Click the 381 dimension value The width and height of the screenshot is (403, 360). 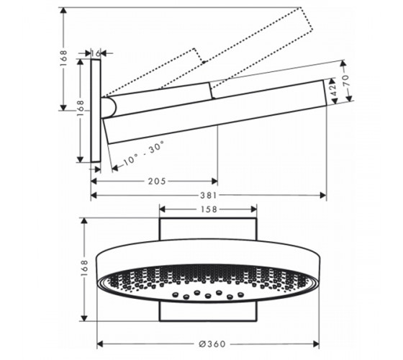[x=209, y=195]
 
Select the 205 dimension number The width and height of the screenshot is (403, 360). [x=157, y=181]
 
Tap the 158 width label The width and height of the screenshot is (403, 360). [x=209, y=210]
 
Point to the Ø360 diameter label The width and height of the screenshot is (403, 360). [x=212, y=344]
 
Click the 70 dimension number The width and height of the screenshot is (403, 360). [x=345, y=80]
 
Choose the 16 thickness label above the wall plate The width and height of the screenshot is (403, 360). [x=95, y=53]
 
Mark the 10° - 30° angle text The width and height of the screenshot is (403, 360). [x=144, y=153]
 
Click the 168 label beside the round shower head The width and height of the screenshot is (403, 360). [x=84, y=268]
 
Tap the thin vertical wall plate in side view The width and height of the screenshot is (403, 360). [x=96, y=111]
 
